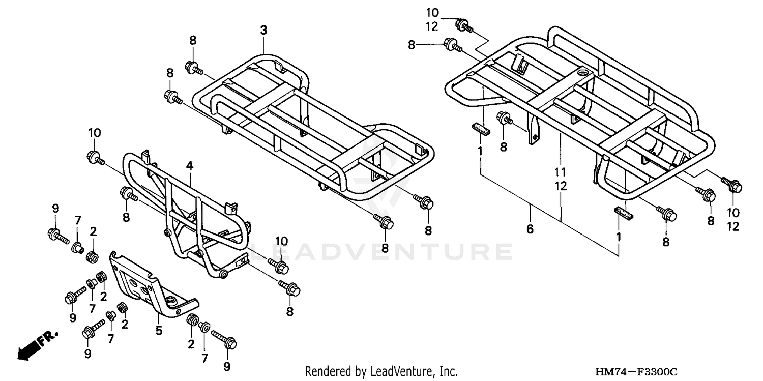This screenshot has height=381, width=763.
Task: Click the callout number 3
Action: pos(263,31)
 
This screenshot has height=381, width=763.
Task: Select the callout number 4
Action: pos(189,165)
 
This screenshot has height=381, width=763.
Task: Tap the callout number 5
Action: pos(159,331)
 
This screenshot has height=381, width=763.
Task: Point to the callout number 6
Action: pos(530,229)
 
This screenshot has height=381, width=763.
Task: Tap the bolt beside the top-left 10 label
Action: pos(95,157)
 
